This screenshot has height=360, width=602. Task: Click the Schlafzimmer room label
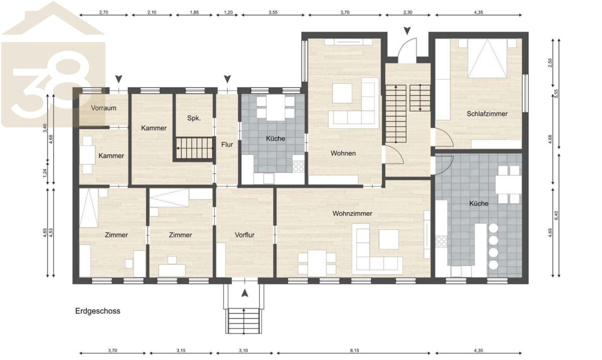point(487,114)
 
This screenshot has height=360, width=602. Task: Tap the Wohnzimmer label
point(352,214)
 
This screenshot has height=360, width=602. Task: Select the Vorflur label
point(245,235)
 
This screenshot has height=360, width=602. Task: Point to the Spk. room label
point(194,118)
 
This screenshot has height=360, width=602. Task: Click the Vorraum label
point(103,108)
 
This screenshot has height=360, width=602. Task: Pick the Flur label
point(227,145)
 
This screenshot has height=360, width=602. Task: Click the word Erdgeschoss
point(97,311)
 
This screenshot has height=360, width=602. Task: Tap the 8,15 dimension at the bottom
point(354,350)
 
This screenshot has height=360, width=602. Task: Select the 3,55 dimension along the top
point(273,13)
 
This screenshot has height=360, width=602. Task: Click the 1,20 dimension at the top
point(228,13)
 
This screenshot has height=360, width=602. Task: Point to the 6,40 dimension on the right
point(556,215)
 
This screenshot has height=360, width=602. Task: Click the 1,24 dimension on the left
point(45,173)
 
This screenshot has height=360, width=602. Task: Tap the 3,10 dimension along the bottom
point(243,350)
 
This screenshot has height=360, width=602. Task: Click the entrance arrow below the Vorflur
point(245,293)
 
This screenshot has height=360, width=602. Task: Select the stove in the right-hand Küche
point(441,242)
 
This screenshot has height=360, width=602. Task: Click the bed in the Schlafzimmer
point(487,58)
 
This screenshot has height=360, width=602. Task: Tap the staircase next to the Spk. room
point(194,148)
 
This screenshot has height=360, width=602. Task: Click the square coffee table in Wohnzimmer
point(389,239)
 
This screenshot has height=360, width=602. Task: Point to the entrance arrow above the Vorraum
point(119,79)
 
